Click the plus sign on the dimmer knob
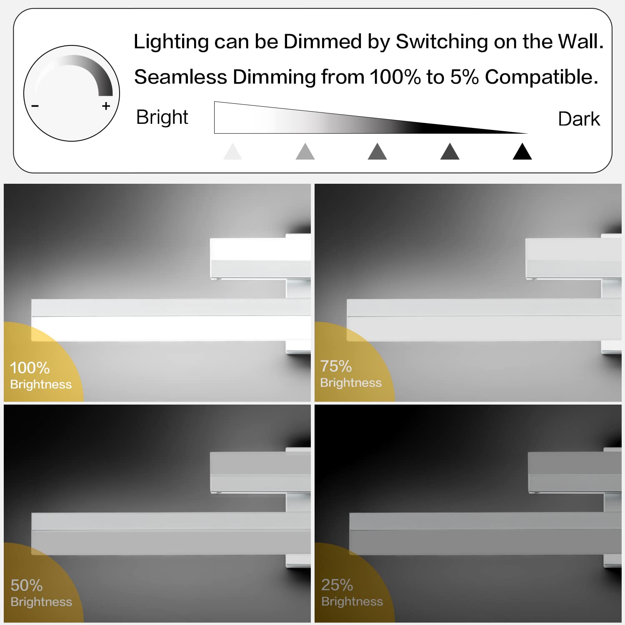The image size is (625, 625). tap(106, 106)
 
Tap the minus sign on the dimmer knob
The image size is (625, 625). tap(35, 106)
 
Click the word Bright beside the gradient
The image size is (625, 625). tap(162, 117)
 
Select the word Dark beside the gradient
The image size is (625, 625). tap(579, 119)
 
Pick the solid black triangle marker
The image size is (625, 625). tap(522, 152)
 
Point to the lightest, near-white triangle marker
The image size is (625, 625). tap(232, 152)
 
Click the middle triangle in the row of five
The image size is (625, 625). tap(377, 152)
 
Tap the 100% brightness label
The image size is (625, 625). tap(41, 375)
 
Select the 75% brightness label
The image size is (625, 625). tap(351, 373)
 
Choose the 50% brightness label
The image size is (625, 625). tap(41, 592)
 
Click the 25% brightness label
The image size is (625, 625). tap(352, 592)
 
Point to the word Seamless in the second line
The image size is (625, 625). tap(181, 77)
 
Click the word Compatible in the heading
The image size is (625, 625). tap(541, 77)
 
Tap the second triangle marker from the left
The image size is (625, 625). tap(305, 152)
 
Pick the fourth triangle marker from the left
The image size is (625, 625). tap(450, 152)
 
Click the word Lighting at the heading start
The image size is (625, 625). tap(171, 42)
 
